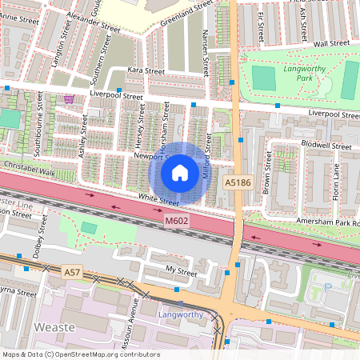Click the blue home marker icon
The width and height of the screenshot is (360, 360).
click(x=180, y=172)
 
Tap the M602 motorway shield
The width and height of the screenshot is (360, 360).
click(x=176, y=220)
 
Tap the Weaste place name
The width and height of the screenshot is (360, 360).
click(x=55, y=327)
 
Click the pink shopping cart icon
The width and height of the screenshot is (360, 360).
click(x=69, y=99)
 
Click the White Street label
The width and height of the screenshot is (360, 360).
click(x=157, y=198)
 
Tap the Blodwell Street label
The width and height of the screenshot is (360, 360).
click(x=326, y=147)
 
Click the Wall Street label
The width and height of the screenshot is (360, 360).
click(x=332, y=43)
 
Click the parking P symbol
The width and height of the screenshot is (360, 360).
click(x=326, y=286)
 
